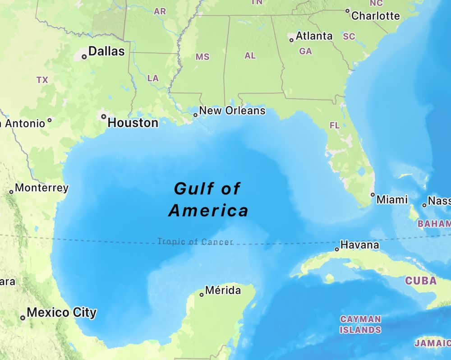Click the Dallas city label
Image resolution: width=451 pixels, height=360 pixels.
click(x=106, y=51)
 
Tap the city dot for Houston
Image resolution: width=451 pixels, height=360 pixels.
click(x=104, y=116)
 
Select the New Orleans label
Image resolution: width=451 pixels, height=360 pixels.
click(x=232, y=111)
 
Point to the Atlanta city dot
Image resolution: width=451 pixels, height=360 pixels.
click(x=291, y=40)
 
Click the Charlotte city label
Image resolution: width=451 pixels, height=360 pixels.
click(x=375, y=16)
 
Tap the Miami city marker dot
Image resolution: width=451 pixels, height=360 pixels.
click(x=373, y=195)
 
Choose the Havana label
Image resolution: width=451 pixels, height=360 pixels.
click(x=359, y=245)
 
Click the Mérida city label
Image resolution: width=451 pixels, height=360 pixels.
click(x=223, y=291)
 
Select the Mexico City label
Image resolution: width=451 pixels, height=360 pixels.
click(x=61, y=312)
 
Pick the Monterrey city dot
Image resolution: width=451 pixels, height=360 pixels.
click(x=11, y=192)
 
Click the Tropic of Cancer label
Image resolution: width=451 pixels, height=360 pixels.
click(x=195, y=242)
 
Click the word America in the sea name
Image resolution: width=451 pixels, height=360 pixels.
click(x=208, y=210)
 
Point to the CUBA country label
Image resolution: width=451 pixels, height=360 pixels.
click(x=420, y=281)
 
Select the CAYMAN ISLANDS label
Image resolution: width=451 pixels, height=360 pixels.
click(x=360, y=324)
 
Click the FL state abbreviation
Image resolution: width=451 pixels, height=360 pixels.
click(x=335, y=125)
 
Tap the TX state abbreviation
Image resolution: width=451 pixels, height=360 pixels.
click(x=42, y=80)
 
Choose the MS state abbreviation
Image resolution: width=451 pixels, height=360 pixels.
click(x=202, y=57)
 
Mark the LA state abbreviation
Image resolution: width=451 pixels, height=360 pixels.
click(x=153, y=78)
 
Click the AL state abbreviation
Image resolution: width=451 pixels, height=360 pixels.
click(x=250, y=56)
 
